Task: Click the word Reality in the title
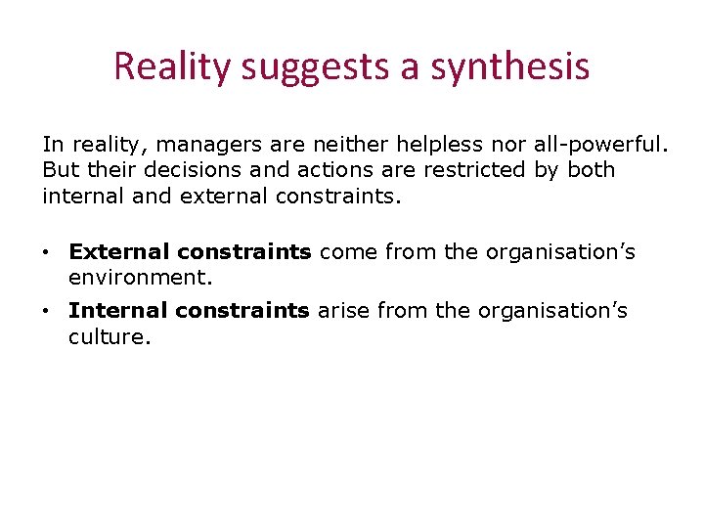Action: pyautogui.click(x=171, y=67)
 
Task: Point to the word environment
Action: pyautogui.click(x=139, y=278)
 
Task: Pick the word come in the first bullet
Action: pyautogui.click(x=348, y=252)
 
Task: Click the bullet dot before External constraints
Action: pyautogui.click(x=47, y=253)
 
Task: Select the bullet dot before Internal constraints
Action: pyautogui.click(x=47, y=312)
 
